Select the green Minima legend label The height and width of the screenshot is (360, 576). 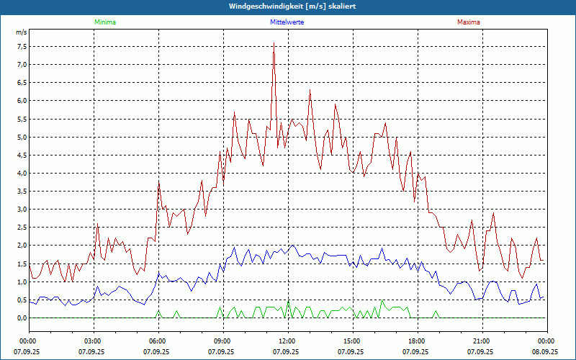tap(104, 22)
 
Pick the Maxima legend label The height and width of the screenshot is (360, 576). tap(469, 22)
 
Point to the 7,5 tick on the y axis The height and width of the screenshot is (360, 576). tap(22, 46)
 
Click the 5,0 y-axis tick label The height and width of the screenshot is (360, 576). tap(22, 137)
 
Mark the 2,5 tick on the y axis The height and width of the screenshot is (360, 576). tap(22, 228)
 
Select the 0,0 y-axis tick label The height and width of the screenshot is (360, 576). tap(22, 318)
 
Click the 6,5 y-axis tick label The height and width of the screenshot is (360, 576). tap(22, 82)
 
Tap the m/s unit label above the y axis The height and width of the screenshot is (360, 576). tap(21, 33)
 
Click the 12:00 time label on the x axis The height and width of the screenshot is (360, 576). tap(287, 341)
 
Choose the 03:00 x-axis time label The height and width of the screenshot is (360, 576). tap(93, 341)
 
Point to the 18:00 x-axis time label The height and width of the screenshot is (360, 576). tap(417, 341)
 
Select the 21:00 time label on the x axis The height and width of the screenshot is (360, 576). tap(482, 341)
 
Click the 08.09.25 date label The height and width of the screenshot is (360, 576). tap(545, 352)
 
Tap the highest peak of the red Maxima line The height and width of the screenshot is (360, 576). tap(274, 43)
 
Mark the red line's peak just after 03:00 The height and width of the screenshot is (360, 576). tap(98, 225)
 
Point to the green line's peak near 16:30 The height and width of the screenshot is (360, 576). tap(382, 300)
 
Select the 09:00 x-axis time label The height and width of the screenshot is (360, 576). tap(222, 341)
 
